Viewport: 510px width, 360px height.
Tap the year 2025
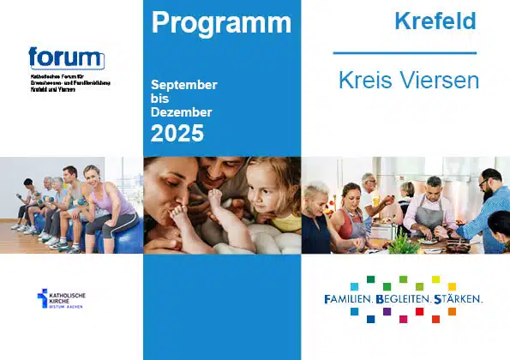click(x=177, y=133)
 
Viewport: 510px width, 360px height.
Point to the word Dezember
click(x=182, y=112)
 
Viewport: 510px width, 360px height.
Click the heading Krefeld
click(x=435, y=21)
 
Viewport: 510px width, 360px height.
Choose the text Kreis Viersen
click(x=408, y=82)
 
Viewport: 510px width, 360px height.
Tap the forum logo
click(x=66, y=58)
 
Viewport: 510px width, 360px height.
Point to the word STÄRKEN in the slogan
click(x=458, y=300)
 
